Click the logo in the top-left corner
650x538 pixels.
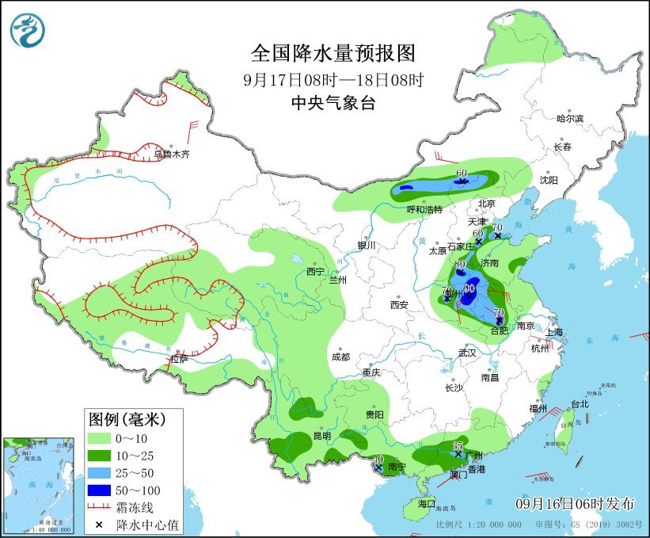(28, 29)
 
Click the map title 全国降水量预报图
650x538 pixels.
(333, 53)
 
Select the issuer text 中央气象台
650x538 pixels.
(333, 102)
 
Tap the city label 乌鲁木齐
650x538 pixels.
(172, 155)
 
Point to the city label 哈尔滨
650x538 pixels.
(568, 118)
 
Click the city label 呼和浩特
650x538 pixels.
(424, 209)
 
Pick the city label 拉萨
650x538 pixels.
(179, 359)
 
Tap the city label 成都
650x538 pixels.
(341, 357)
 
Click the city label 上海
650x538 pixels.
(554, 332)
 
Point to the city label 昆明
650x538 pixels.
(321, 436)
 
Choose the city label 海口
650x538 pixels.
(427, 503)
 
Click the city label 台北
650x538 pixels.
(580, 404)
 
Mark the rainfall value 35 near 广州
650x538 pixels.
(458, 446)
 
